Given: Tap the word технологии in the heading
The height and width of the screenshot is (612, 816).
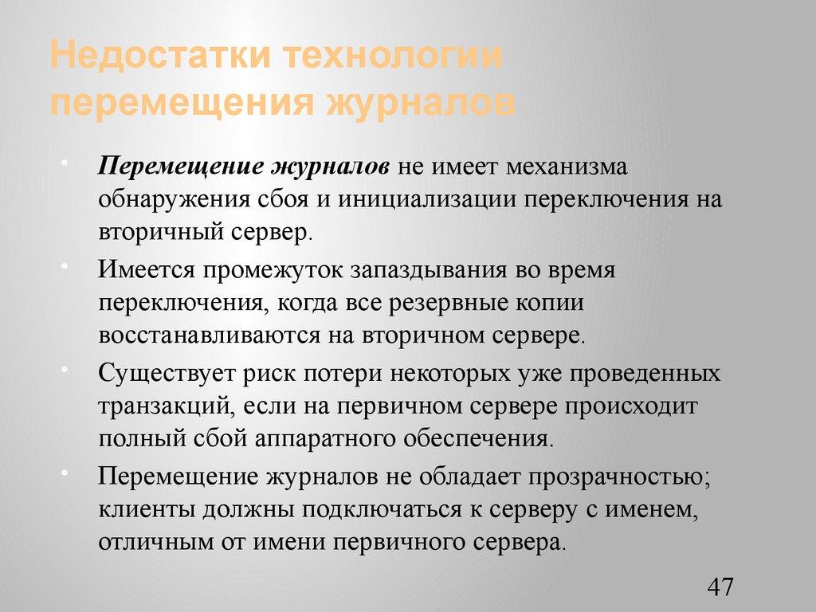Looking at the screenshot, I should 396,58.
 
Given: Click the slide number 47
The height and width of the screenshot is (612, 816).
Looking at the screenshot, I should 720,587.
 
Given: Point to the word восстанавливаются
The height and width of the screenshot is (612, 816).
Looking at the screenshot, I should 210,335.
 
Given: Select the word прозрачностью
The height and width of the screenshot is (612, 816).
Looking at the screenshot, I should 618,477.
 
